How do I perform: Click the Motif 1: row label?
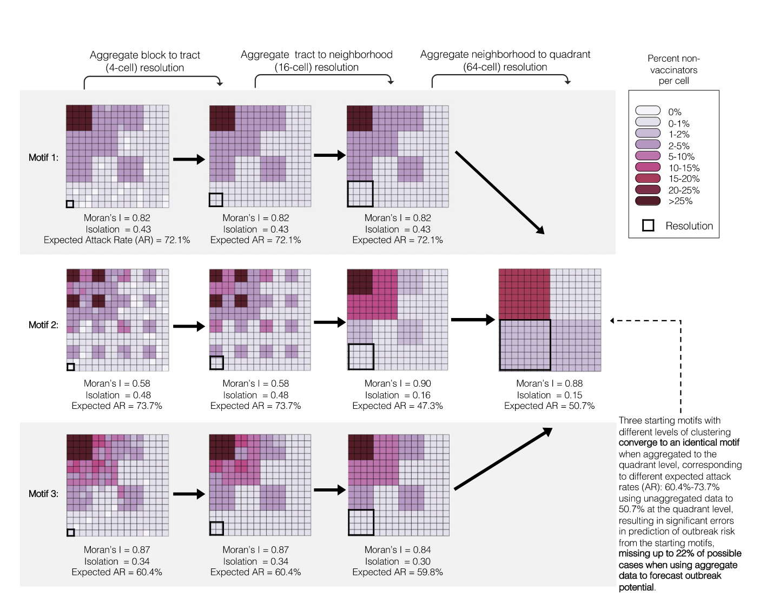(43, 157)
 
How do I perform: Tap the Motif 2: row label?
(43, 325)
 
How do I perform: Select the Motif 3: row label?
(43, 494)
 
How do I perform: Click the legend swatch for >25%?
(648, 201)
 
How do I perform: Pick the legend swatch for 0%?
(648, 111)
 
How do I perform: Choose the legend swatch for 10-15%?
(648, 167)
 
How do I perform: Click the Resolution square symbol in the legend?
(648, 226)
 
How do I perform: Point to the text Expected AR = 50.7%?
(549, 406)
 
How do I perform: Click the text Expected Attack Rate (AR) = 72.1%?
(117, 240)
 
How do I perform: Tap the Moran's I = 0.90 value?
(398, 383)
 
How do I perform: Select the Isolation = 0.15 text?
(549, 395)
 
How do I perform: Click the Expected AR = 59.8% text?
(398, 572)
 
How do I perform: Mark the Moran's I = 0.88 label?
(549, 383)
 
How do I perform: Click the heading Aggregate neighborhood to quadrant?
(505, 55)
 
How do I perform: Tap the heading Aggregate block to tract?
(144, 55)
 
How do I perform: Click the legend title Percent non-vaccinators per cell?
(674, 69)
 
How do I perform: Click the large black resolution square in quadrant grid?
(525, 345)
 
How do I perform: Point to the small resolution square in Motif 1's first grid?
(70, 204)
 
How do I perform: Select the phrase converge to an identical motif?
(678, 442)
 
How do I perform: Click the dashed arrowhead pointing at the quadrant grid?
(612, 321)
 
